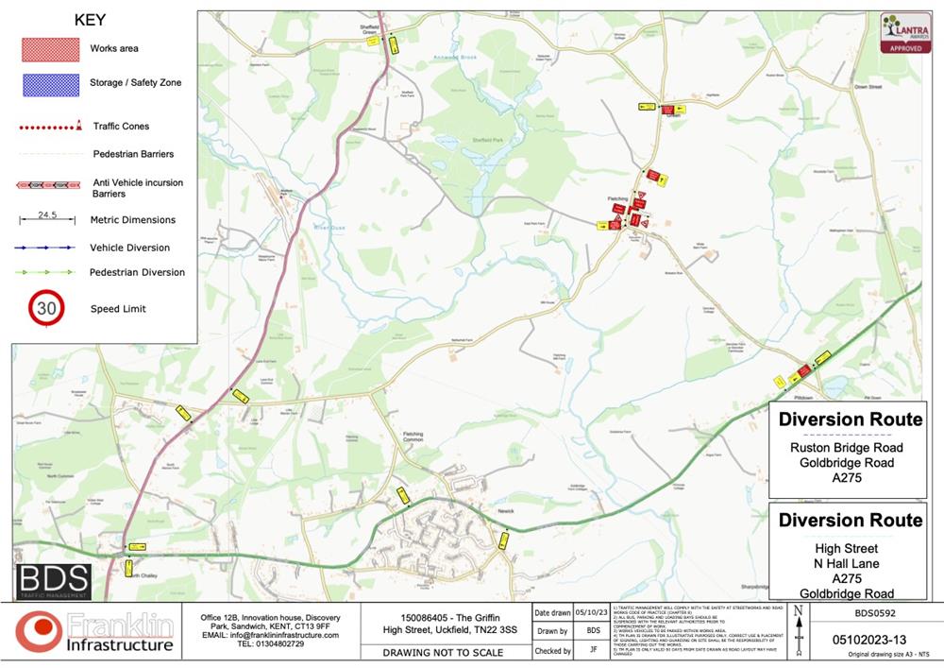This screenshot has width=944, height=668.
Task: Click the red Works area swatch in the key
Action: [51, 49]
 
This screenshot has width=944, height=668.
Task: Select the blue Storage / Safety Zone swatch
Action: [51, 84]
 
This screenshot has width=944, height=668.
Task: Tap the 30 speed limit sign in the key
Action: [46, 308]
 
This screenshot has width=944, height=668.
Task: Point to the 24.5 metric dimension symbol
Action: [47, 218]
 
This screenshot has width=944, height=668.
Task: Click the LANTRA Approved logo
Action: [905, 33]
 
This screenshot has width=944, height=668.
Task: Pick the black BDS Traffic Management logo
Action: [54, 581]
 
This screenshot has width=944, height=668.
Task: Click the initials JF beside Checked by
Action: [593, 650]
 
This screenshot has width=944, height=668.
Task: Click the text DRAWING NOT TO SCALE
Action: [443, 652]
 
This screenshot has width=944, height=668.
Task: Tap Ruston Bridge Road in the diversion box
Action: [846, 448]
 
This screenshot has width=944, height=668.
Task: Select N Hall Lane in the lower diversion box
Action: [846, 564]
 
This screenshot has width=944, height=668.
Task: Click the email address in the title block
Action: [270, 635]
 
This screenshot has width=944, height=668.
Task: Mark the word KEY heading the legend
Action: [91, 20]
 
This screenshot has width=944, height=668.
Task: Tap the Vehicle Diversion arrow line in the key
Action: [45, 248]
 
